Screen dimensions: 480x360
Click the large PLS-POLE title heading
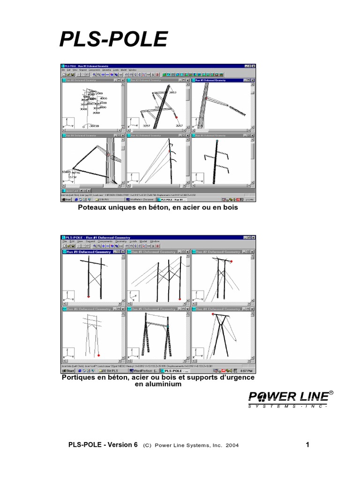coord(113,40)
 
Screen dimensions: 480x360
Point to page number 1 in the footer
coord(307,445)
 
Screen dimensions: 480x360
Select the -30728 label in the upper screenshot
coord(95,126)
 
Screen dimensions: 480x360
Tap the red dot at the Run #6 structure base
coord(99,355)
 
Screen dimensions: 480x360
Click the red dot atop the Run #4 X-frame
coord(213,315)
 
